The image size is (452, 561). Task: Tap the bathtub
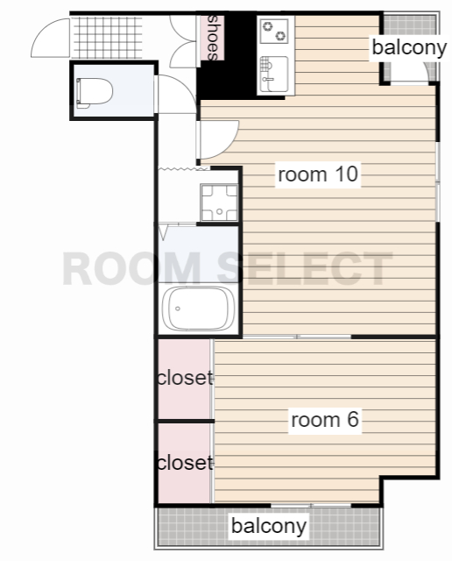coord(198,309)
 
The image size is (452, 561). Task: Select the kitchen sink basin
coord(274,74)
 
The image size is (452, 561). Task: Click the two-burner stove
coord(274,32)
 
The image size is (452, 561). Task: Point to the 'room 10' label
coord(318,174)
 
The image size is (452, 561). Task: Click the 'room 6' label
coord(325,419)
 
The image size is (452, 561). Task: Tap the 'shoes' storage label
coord(212,38)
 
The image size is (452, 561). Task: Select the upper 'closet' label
coord(185,378)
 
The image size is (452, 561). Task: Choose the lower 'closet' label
coord(185,462)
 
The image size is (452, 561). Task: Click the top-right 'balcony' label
coord(409,47)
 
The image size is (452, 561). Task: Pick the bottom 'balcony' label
coord(269,526)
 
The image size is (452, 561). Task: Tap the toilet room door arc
coord(180,88)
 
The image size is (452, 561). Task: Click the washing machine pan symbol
coord(219,202)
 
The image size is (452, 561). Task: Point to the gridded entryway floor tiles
coord(107,37)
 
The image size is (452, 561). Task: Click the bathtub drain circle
coord(177,309)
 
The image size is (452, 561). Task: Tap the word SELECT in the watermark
coord(305,268)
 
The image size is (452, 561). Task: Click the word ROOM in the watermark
coord(131,268)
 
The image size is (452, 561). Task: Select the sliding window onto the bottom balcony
coord(311,505)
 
